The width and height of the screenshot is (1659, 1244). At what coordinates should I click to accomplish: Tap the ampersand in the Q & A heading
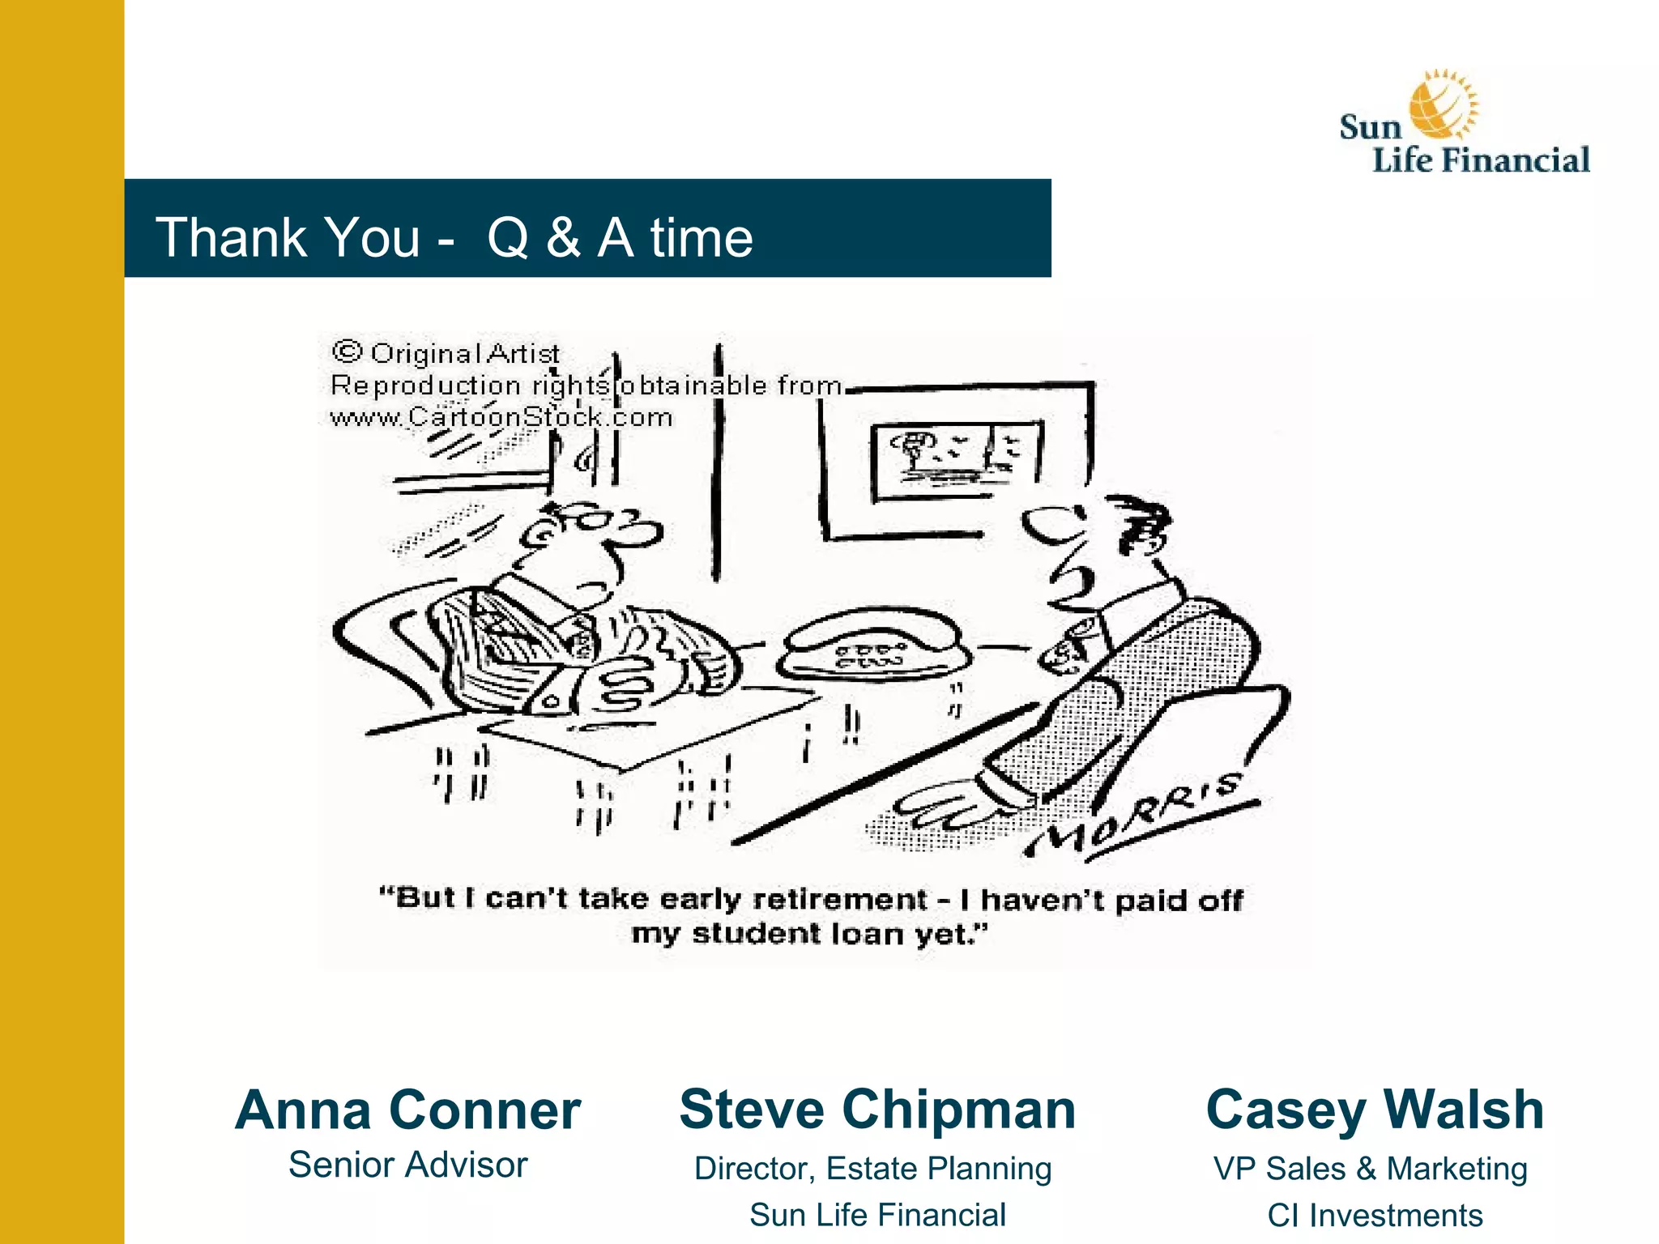[x=563, y=237]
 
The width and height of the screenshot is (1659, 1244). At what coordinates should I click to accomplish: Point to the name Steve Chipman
[x=877, y=1109]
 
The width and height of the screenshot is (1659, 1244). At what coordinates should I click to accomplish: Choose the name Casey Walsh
[x=1375, y=1109]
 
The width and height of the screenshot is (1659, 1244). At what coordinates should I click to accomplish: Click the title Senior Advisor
[x=407, y=1165]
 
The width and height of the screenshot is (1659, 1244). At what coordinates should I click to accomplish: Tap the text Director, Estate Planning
[x=872, y=1168]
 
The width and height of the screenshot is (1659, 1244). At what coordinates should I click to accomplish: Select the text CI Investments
[x=1375, y=1215]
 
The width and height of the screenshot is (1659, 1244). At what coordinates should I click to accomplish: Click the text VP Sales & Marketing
[x=1370, y=1168]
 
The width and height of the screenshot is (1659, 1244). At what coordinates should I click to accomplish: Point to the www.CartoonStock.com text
[x=501, y=417]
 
